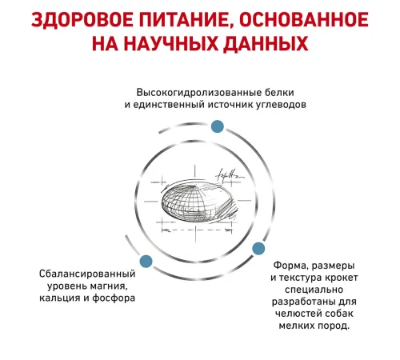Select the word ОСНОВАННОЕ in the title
click(304, 19)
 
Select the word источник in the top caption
click(230, 105)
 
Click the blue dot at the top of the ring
click(217, 126)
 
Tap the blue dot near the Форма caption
click(258, 249)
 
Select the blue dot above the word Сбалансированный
click(146, 261)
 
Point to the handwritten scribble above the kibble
click(230, 175)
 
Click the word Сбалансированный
click(87, 274)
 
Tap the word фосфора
click(114, 298)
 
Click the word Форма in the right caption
click(290, 266)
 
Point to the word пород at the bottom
click(333, 326)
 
